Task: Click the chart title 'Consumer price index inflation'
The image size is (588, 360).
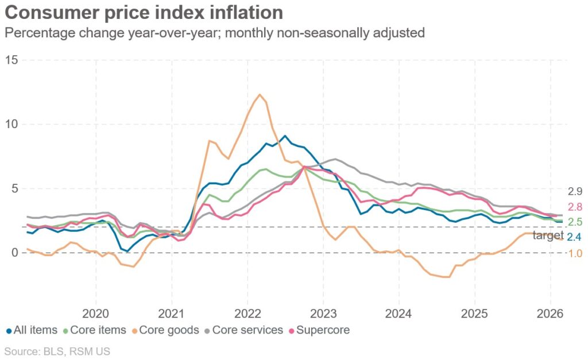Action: [x=144, y=13]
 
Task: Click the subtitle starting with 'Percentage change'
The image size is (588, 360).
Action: [x=214, y=33]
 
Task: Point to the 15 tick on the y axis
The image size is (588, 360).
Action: [x=11, y=60]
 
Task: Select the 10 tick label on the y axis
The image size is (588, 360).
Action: [x=11, y=125]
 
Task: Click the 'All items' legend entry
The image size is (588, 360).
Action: [x=32, y=330]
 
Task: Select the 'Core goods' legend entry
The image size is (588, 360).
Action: [x=167, y=330]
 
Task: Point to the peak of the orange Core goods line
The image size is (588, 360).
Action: [x=260, y=95]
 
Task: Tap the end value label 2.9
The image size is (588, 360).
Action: [x=575, y=192]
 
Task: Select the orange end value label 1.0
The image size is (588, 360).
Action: [x=575, y=253]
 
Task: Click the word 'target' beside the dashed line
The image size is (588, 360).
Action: [x=548, y=235]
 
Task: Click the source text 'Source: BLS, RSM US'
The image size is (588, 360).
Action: [x=57, y=351]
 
